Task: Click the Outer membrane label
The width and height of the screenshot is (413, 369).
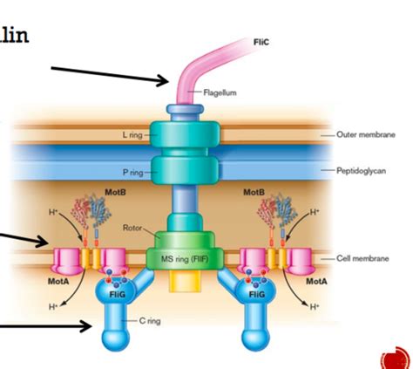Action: (367, 135)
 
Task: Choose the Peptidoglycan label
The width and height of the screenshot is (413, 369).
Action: (364, 172)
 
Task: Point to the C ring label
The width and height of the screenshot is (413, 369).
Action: (152, 320)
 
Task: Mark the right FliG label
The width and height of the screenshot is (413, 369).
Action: (256, 294)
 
